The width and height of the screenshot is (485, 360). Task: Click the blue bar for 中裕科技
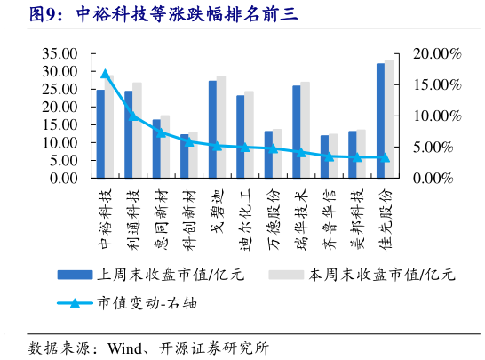[100, 133]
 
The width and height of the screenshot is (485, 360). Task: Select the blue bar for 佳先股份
[380, 120]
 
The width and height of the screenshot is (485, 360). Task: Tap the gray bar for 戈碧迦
[221, 127]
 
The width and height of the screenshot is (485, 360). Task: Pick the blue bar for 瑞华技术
[297, 132]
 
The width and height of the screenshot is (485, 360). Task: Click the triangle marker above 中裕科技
[105, 75]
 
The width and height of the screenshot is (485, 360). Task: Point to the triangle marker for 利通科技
[132, 114]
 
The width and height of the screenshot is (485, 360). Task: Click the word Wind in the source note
[124, 347]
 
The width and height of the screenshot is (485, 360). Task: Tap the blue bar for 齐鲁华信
[324, 156]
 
